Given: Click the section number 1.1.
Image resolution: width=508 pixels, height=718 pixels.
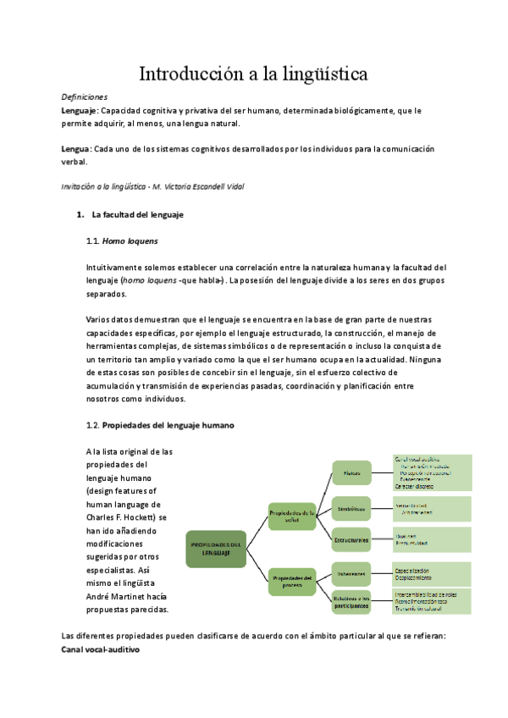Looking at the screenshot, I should (93, 241).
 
